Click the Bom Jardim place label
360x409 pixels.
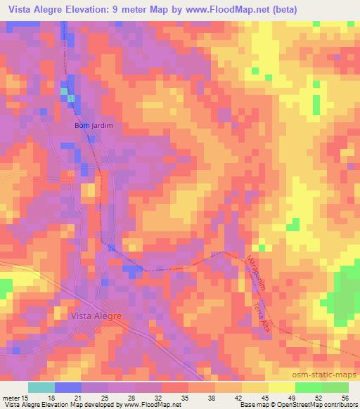pyautogui.click(x=94, y=126)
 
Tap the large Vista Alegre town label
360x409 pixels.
pyautogui.click(x=96, y=316)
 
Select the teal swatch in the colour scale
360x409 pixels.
pyautogui.click(x=41, y=387)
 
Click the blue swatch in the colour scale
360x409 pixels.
pyautogui.click(x=68, y=387)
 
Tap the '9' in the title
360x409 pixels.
pyautogui.click(x=127, y=10)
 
